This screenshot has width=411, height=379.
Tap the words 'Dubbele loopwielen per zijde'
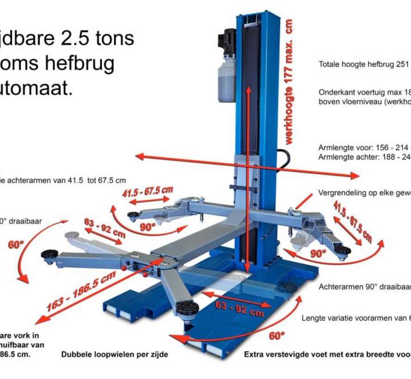pos(115,355)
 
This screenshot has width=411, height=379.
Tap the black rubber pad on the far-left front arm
pos(49,254)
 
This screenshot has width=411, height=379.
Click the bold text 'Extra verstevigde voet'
pos(286,355)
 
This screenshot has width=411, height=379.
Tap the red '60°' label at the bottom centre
pos(276,336)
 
